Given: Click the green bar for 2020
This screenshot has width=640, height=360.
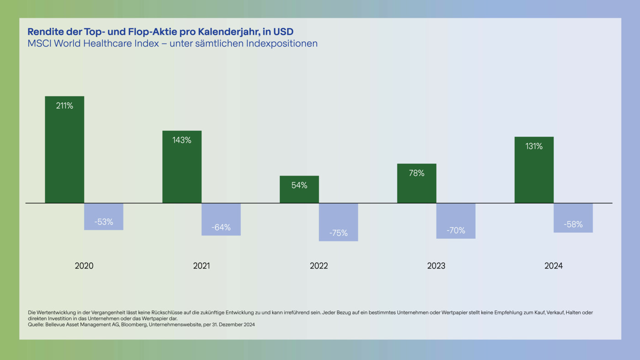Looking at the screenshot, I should [64, 151].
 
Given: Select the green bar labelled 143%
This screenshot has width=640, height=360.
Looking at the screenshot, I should [182, 169].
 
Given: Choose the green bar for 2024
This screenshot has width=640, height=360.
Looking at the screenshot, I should [534, 172].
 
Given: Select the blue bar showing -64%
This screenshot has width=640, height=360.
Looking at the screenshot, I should [221, 219].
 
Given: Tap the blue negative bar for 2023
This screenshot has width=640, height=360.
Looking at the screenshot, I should [456, 220].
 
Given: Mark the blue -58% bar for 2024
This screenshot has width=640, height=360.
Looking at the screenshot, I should [573, 218].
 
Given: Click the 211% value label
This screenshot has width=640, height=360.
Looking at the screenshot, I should [64, 106].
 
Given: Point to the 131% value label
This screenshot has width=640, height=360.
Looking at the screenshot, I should [534, 146].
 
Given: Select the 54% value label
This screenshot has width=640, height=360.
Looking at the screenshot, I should [299, 185].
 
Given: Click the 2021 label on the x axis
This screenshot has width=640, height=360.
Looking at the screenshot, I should [202, 266].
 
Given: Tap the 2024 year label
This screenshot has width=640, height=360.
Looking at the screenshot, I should [554, 266].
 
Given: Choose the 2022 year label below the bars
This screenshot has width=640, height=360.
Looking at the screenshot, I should [319, 266].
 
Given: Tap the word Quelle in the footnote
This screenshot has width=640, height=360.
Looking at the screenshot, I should [35, 324].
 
